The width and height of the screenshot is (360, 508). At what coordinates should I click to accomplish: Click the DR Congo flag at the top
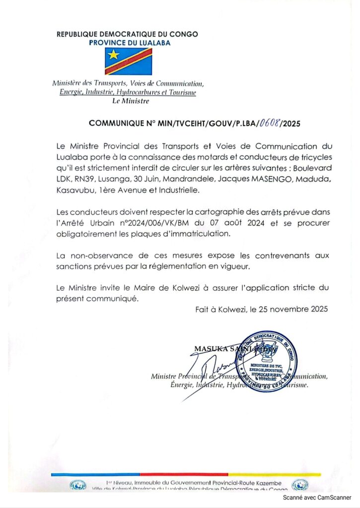(128, 61)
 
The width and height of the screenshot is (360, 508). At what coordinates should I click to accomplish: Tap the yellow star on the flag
(114, 53)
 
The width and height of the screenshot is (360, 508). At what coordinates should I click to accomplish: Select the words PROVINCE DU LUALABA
(129, 43)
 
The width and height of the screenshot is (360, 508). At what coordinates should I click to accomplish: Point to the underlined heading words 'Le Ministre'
(131, 101)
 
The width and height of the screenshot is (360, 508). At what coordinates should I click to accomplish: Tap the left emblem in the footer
(78, 486)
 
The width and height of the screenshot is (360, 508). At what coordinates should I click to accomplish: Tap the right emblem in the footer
(300, 486)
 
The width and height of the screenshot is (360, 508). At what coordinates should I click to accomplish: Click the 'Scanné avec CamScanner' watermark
(317, 497)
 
